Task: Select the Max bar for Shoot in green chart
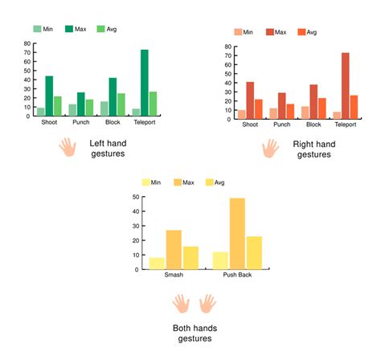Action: pyautogui.click(x=49, y=96)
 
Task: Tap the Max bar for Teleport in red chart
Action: pyautogui.click(x=344, y=87)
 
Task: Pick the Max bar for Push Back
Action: pyautogui.click(x=237, y=233)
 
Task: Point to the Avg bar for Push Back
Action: pyautogui.click(x=254, y=252)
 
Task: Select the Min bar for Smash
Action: pyautogui.click(x=157, y=263)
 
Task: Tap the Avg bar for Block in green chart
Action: pyautogui.click(x=121, y=104)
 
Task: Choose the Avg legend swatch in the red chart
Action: pyautogui.click(x=302, y=32)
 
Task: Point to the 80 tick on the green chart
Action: pyautogui.click(x=27, y=43)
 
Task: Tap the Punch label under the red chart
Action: pyautogui.click(x=281, y=125)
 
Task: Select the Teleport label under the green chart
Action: pyautogui.click(x=145, y=122)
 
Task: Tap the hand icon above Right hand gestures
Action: pyautogui.click(x=271, y=148)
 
